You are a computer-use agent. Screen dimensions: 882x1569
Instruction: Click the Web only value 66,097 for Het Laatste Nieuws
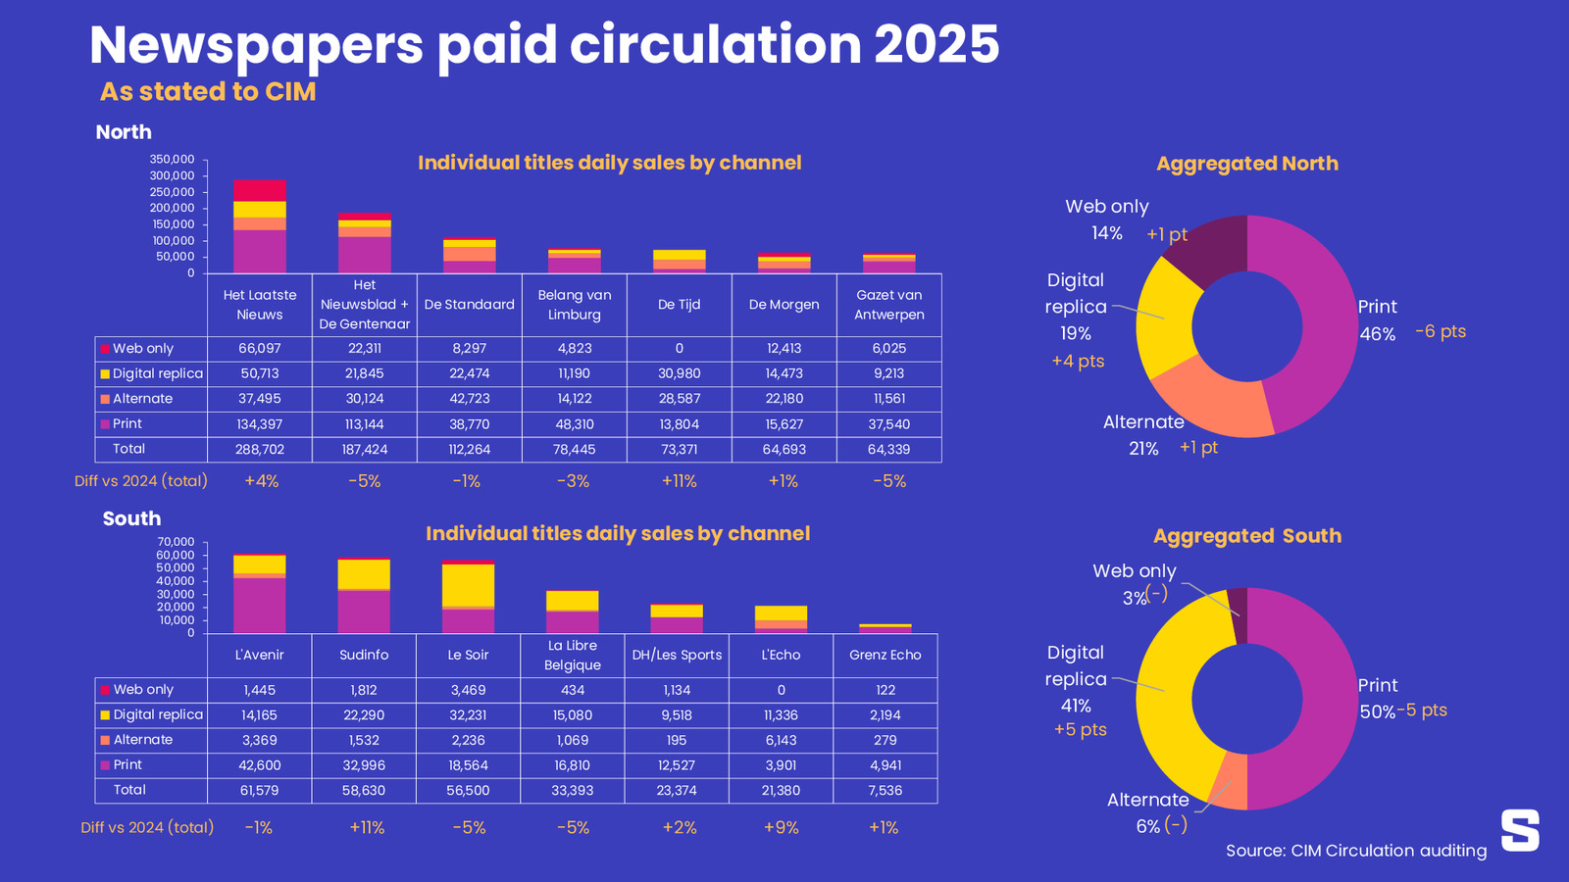pyautogui.click(x=259, y=349)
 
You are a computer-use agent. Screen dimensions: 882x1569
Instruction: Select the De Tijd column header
pyautogui.click(x=679, y=305)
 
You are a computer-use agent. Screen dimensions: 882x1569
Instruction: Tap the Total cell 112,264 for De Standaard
pyautogui.click(x=469, y=450)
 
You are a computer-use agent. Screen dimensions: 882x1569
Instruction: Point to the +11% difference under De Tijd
pyautogui.click(x=679, y=481)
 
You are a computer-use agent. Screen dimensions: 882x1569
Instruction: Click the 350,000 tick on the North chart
pyautogui.click(x=173, y=159)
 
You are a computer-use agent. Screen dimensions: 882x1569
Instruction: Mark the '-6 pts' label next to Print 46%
pyautogui.click(x=1441, y=331)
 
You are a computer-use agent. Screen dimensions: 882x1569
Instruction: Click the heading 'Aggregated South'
pyautogui.click(x=1246, y=536)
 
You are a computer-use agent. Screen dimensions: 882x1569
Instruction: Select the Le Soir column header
pyautogui.click(x=468, y=655)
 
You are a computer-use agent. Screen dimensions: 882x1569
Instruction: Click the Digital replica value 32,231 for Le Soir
pyautogui.click(x=468, y=715)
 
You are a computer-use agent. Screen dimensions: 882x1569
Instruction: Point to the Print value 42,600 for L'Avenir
pyautogui.click(x=260, y=765)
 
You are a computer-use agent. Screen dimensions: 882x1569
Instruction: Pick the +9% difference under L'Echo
pyautogui.click(x=782, y=828)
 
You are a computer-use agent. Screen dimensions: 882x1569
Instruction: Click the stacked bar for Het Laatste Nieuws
pyautogui.click(x=260, y=226)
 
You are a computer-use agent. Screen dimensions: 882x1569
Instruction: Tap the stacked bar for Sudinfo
pyautogui.click(x=364, y=596)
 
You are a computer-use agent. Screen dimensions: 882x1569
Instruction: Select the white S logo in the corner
pyautogui.click(x=1520, y=830)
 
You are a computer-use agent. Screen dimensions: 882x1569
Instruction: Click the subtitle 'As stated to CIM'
pyautogui.click(x=208, y=92)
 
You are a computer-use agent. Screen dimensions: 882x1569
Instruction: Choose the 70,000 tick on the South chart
pyautogui.click(x=177, y=542)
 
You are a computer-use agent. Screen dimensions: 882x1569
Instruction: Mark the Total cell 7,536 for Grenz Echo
pyautogui.click(x=886, y=791)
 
